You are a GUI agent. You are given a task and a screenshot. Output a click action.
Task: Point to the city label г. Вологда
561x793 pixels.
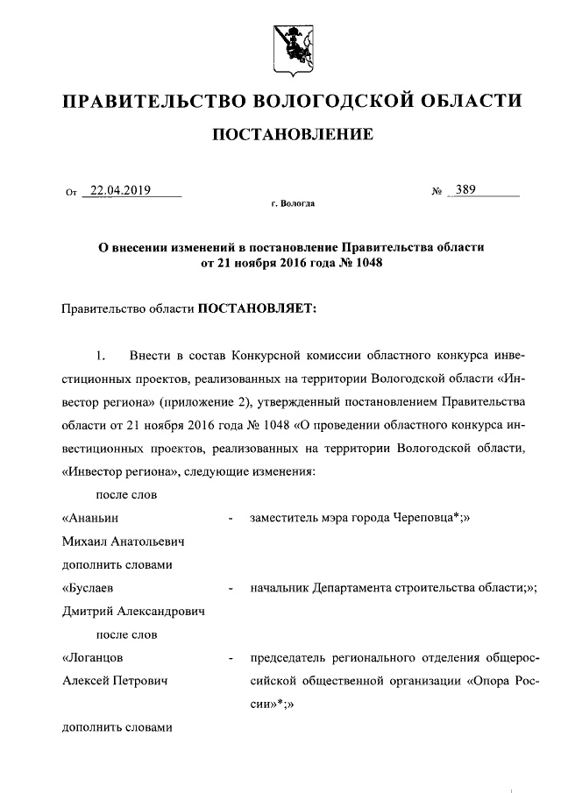[292, 204]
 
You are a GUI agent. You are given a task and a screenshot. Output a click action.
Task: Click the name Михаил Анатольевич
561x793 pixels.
[123, 542]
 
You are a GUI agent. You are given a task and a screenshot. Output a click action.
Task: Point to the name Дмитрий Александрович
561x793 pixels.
[133, 612]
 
